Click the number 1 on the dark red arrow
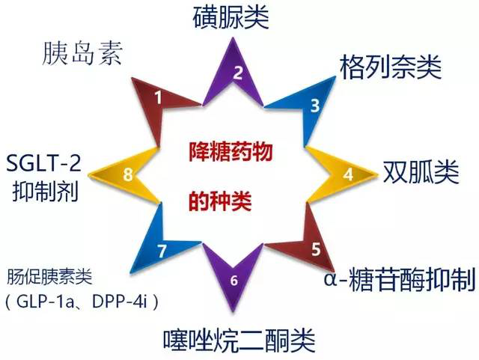tap(158, 97)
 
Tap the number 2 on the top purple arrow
tap(238, 73)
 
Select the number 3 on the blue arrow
tap(315, 106)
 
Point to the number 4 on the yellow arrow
tap(348, 174)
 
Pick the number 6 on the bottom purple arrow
tap(234, 280)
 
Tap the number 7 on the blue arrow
tap(162, 251)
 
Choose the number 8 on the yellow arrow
tap(128, 175)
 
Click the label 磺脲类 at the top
tap(231, 17)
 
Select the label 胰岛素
tap(82, 53)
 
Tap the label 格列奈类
tap(391, 67)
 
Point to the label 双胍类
tap(421, 171)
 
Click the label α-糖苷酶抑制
tap(400, 278)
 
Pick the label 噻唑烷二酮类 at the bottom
tap(239, 340)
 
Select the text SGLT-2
tap(43, 162)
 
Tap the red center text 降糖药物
tap(231, 152)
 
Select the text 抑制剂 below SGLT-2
tap(45, 192)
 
